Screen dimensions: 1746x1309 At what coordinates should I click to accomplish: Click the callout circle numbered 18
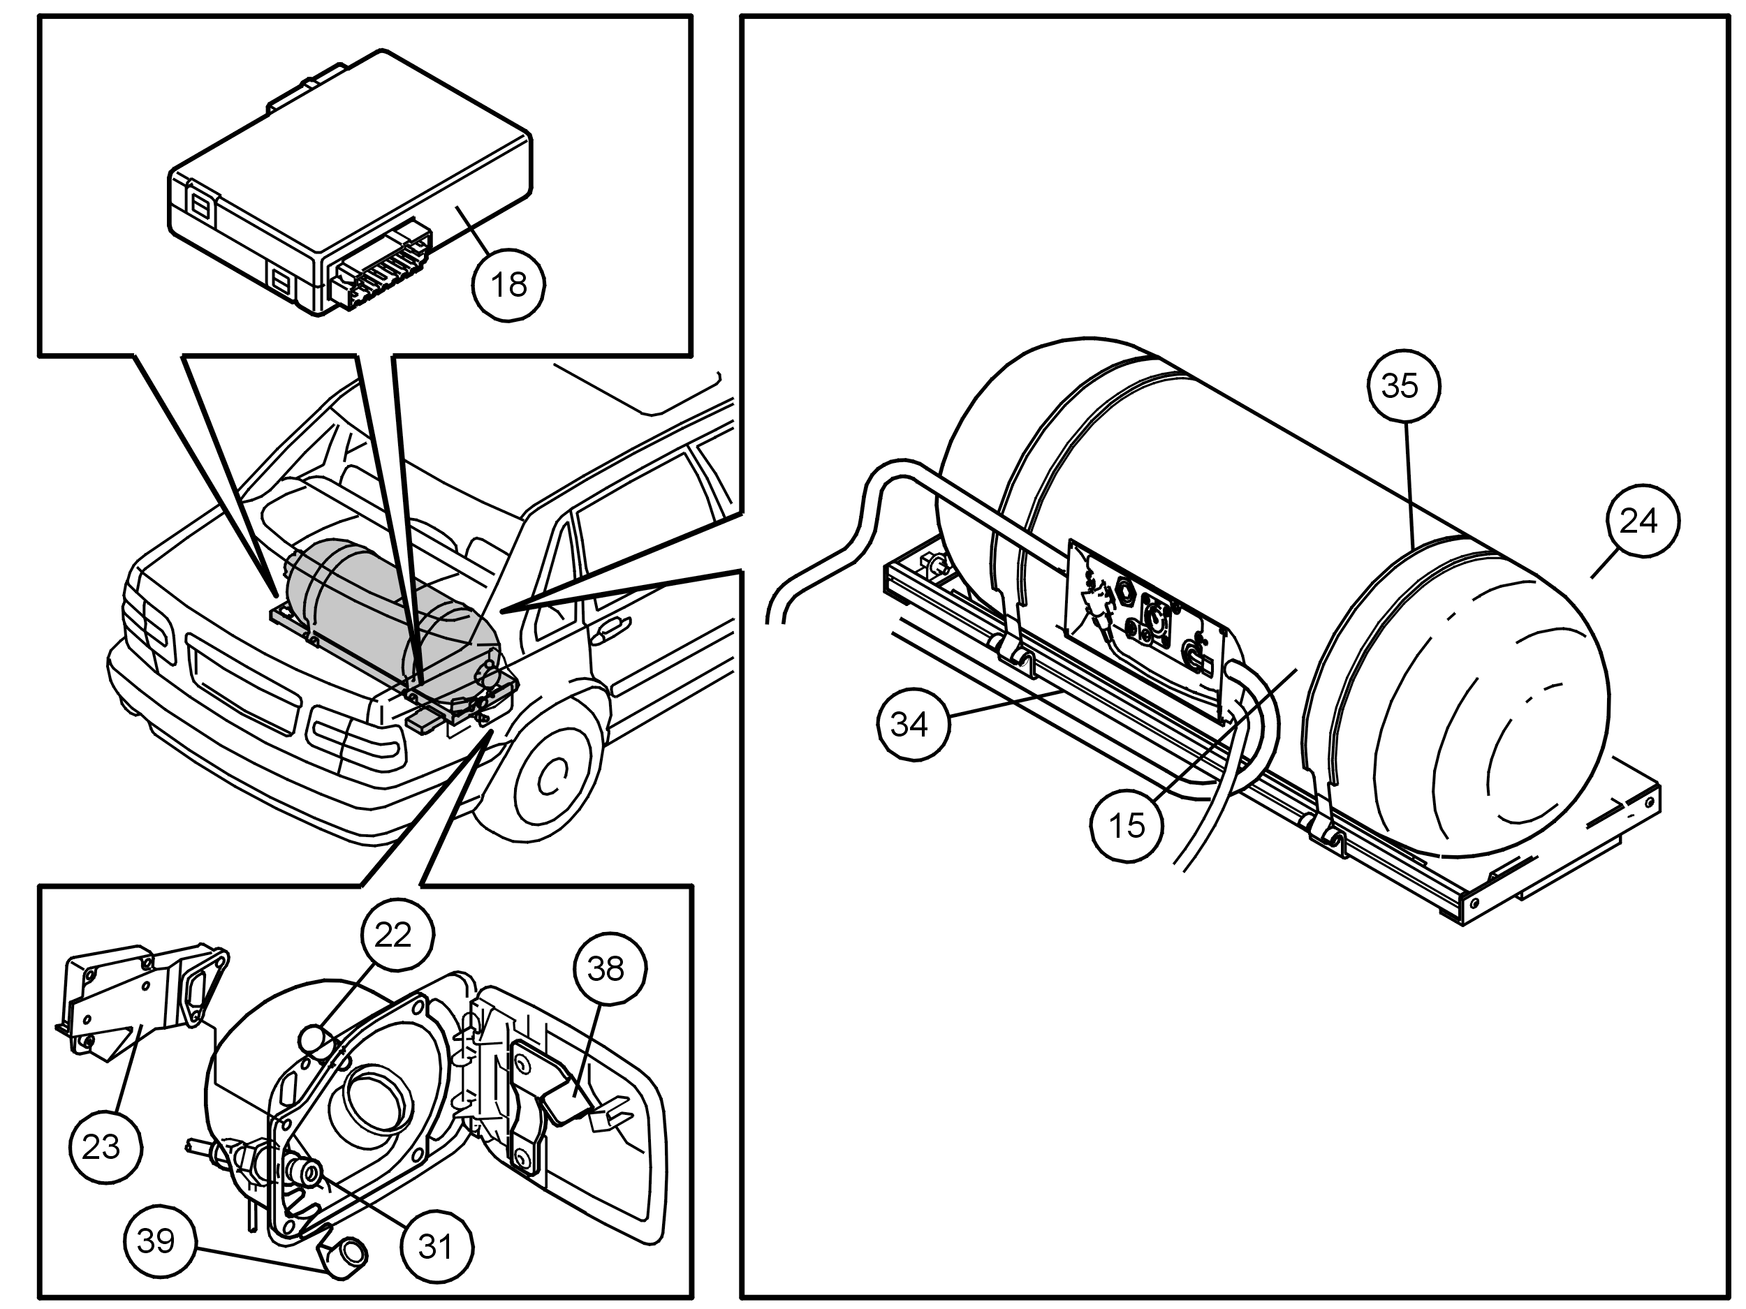point(509,284)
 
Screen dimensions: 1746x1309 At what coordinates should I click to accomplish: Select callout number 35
point(1400,386)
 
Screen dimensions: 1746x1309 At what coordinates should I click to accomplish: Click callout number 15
point(1127,825)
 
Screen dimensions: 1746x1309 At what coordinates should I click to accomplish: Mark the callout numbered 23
point(105,1146)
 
